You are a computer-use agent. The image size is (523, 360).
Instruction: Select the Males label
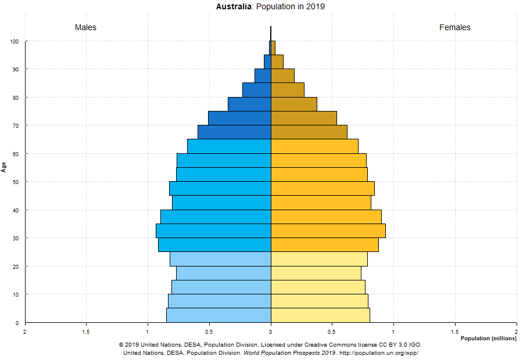click(x=85, y=27)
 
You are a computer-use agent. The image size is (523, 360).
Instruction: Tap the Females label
click(x=454, y=27)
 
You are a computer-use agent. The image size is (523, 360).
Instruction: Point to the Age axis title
click(x=4, y=167)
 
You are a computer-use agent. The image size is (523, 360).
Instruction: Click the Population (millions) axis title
click(x=488, y=338)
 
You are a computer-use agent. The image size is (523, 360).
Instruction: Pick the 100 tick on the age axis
click(x=14, y=41)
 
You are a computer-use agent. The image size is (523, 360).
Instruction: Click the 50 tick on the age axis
click(x=16, y=182)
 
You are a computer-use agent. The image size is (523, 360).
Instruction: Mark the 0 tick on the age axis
click(x=17, y=323)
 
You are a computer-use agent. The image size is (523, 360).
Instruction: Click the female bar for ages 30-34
click(x=328, y=231)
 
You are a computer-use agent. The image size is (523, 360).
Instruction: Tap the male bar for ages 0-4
click(x=218, y=315)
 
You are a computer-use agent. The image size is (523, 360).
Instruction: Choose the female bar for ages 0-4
click(x=320, y=315)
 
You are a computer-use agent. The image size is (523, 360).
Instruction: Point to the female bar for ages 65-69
click(x=309, y=132)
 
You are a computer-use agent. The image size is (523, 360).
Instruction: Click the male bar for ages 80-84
click(x=256, y=89)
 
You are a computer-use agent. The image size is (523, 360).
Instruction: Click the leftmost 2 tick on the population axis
click(x=25, y=332)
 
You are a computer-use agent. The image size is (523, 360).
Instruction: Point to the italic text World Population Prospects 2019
click(x=289, y=352)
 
